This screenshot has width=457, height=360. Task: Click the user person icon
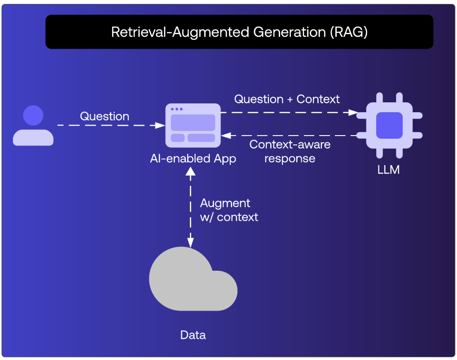[x=33, y=126]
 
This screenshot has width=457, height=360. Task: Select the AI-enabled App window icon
[x=193, y=125]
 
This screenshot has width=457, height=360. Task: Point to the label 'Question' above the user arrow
[x=105, y=116]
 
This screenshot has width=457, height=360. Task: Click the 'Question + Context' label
[x=287, y=99]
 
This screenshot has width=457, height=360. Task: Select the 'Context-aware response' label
[x=290, y=151]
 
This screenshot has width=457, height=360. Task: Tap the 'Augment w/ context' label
[x=229, y=210]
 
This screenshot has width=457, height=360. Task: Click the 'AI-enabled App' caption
[x=193, y=158]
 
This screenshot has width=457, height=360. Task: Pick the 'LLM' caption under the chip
[x=389, y=170]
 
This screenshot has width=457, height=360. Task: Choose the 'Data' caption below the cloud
[x=193, y=335]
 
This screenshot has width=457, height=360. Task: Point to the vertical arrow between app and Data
[x=191, y=206]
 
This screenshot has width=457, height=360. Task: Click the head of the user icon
[x=33, y=116]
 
